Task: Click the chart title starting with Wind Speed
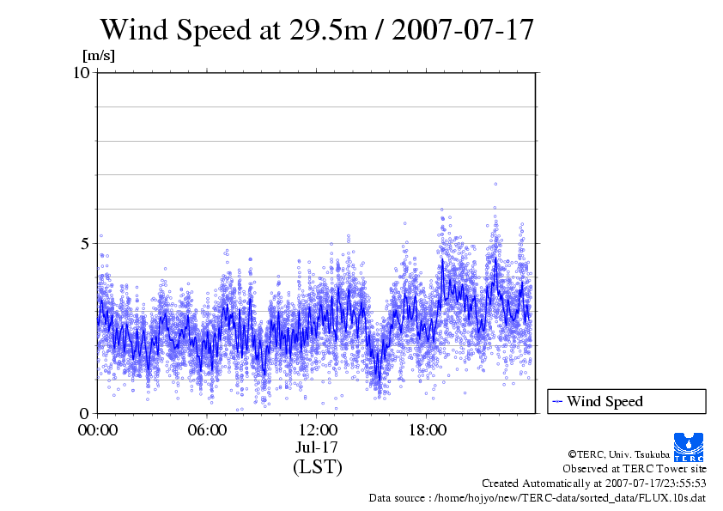coord(317,29)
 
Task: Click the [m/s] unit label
coord(97,56)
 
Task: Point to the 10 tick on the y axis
coord(82,72)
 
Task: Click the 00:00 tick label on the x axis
coord(98,429)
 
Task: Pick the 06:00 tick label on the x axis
coord(207,429)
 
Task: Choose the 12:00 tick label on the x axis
coord(317,429)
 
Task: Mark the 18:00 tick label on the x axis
coord(427,429)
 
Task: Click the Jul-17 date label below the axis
coord(317,447)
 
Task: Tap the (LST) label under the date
coord(317,467)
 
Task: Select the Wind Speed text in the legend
coord(605,401)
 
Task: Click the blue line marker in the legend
coord(557,401)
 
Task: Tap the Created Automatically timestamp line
coord(593,483)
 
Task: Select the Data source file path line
coord(537,497)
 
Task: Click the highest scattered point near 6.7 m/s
coord(495,184)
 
